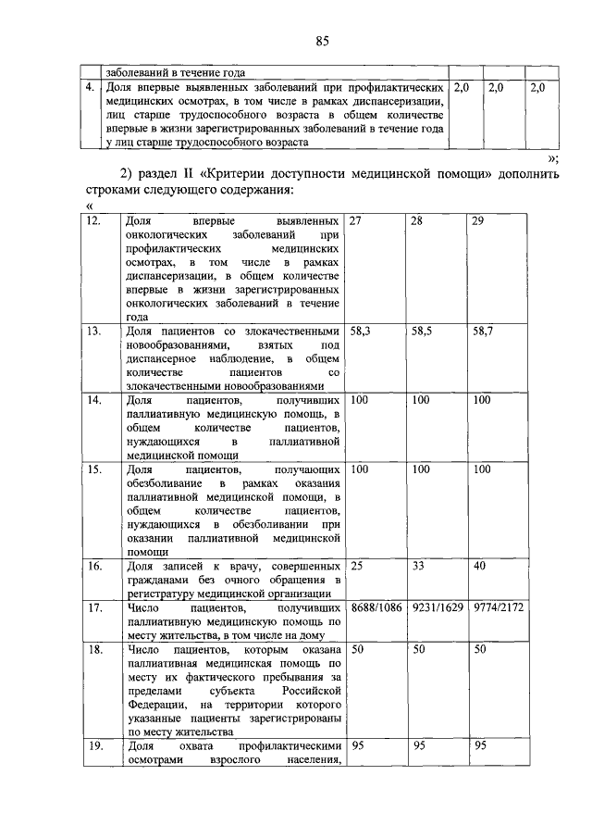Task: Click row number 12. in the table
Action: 93,222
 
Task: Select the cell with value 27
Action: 357,222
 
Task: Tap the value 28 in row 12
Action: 418,222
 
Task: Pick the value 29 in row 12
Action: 479,222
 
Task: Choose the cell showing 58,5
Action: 424,330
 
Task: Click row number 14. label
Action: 93,400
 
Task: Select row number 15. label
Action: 93,470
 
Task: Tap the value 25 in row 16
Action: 357,565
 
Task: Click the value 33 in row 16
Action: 418,565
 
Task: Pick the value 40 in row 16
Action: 479,565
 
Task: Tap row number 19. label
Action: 93,745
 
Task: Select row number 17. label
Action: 93,607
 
